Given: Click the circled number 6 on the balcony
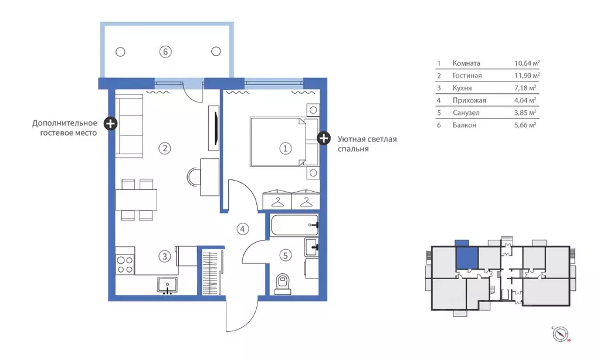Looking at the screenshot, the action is click(165, 52).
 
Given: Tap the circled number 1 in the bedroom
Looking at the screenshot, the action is click(285, 148).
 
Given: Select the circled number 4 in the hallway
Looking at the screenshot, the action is click(243, 229).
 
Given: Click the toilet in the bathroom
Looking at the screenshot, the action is click(283, 284).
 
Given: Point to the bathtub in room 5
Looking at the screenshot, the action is click(294, 225).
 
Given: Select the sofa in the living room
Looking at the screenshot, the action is click(130, 127).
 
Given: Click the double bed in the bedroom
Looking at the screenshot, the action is click(284, 142).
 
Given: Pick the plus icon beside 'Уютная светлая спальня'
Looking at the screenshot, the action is click(324, 138).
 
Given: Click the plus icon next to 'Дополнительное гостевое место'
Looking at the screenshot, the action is click(111, 123).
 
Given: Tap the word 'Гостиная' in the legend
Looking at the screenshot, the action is click(467, 76).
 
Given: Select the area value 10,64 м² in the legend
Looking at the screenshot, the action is click(527, 63).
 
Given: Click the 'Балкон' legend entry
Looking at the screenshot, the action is click(465, 125).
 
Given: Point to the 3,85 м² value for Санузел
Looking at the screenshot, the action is click(525, 113).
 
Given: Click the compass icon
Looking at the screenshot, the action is click(560, 334).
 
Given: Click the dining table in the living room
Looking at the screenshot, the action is click(137, 200).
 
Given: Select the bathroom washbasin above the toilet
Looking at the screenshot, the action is click(311, 247).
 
